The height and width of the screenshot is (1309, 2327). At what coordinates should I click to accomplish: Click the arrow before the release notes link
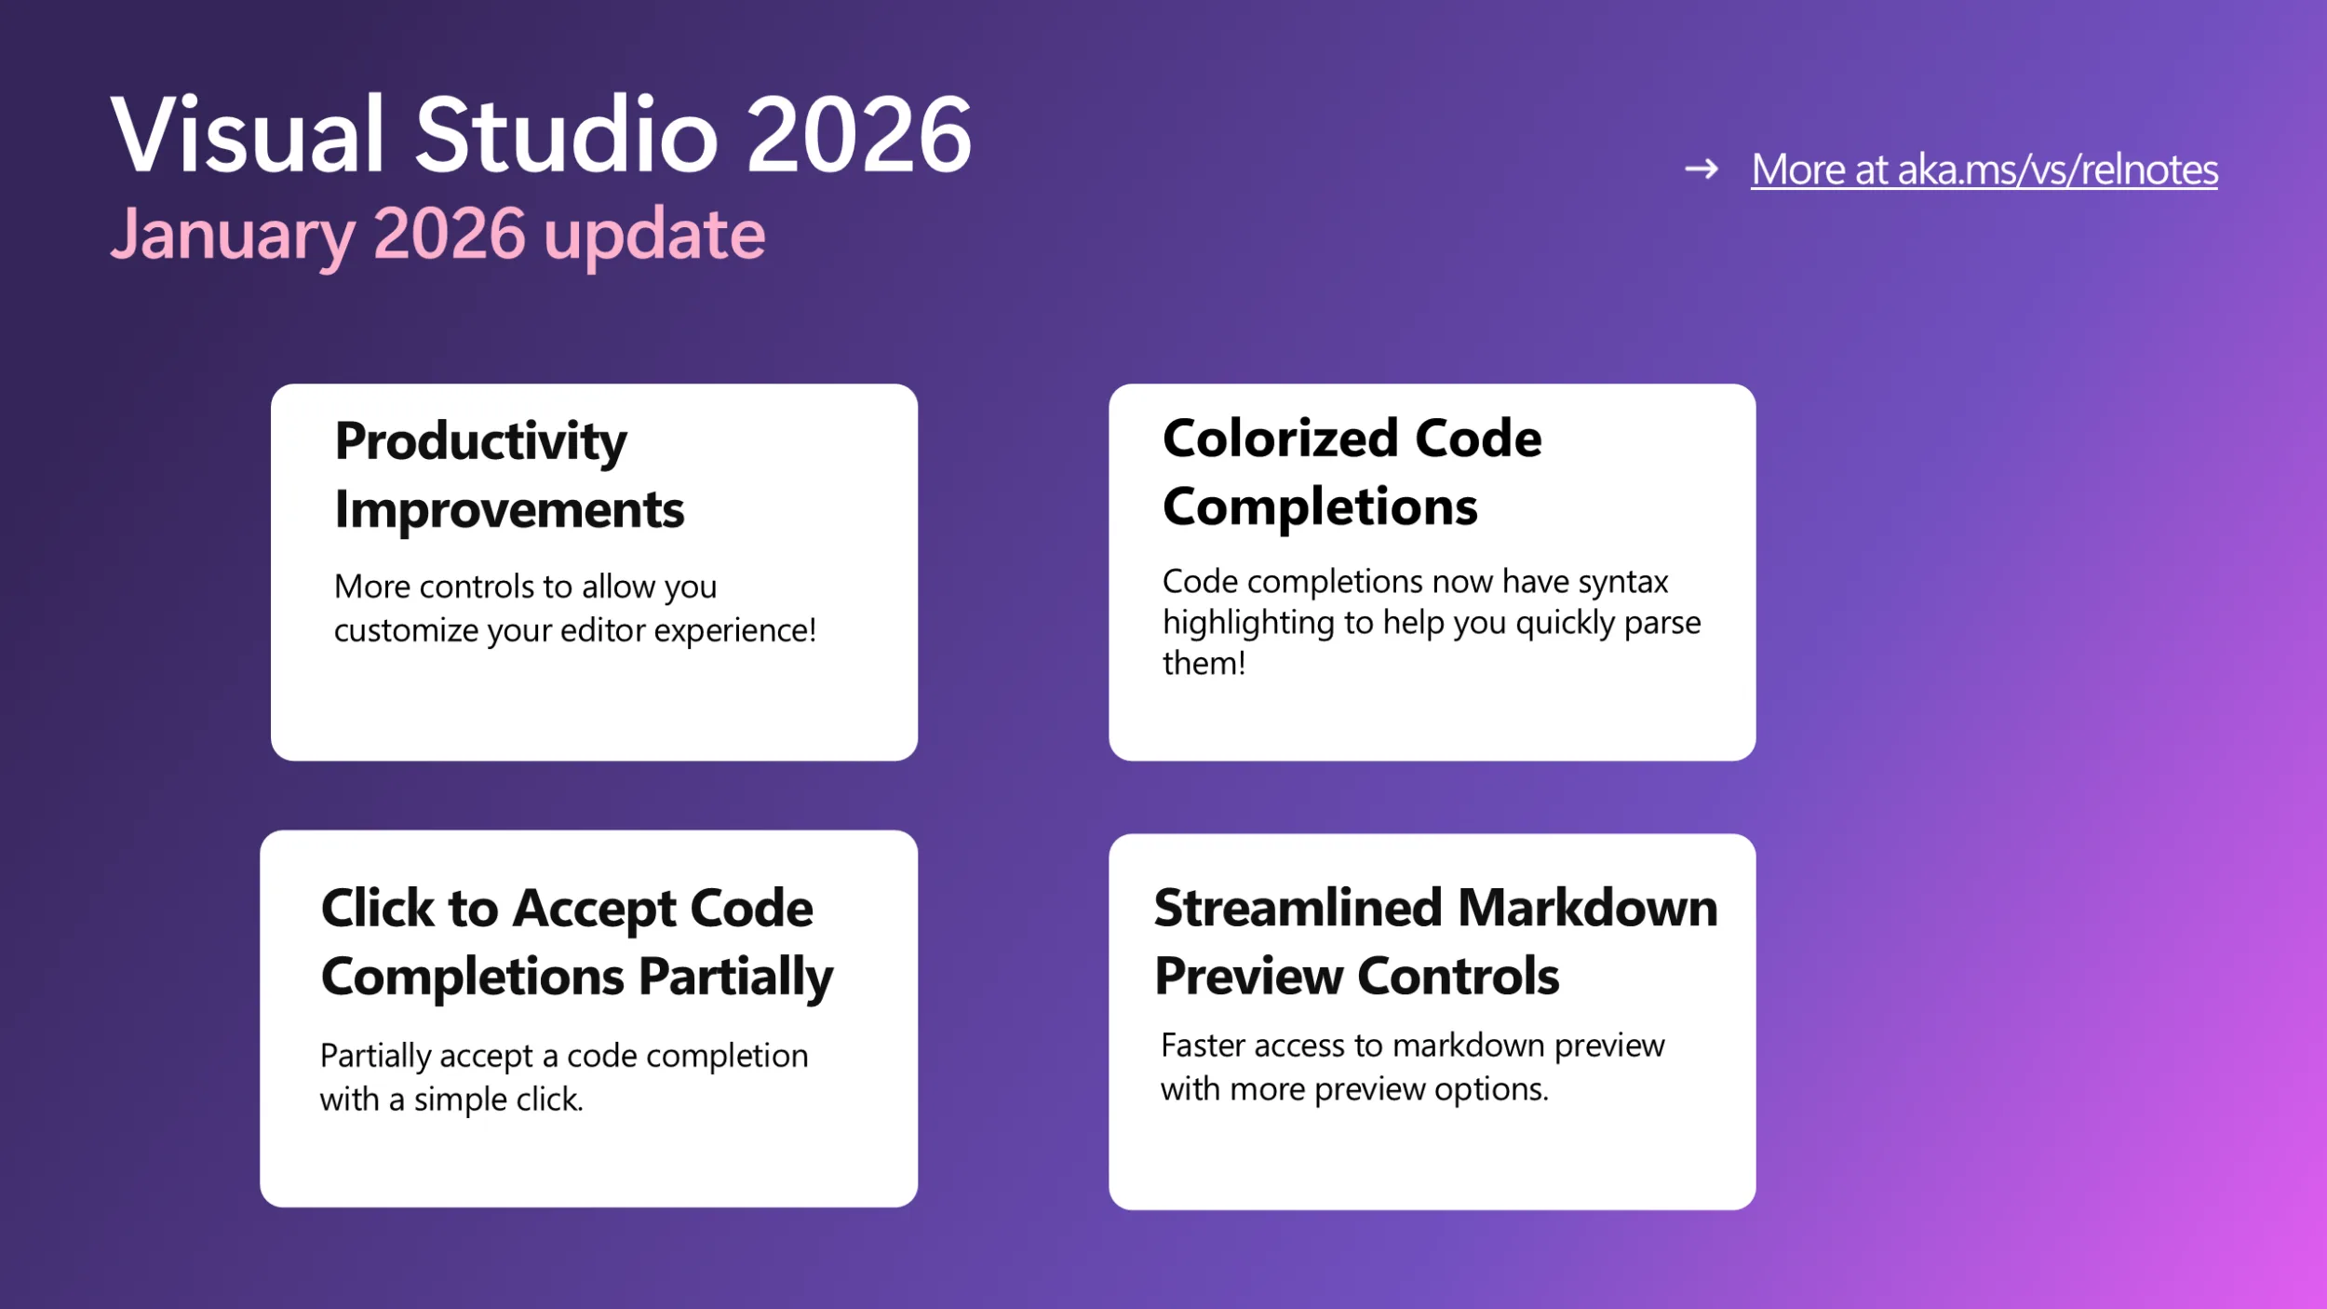1702,169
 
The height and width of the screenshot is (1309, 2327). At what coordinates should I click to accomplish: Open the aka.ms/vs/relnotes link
1984,170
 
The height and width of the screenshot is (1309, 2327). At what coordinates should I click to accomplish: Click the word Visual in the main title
247,136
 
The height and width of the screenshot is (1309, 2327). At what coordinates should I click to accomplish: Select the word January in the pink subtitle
233,236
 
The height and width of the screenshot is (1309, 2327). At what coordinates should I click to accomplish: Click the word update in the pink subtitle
654,236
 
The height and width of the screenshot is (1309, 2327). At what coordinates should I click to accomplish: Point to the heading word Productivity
480,441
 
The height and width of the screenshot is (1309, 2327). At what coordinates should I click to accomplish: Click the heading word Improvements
509,510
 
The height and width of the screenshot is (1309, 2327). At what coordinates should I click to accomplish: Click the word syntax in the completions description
1622,582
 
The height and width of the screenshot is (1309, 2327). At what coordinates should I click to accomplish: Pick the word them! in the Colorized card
1204,664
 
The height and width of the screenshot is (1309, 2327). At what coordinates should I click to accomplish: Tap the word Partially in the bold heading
735,978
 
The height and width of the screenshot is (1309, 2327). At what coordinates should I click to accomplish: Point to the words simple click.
498,1100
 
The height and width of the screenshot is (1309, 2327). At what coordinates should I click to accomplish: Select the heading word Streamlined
1298,908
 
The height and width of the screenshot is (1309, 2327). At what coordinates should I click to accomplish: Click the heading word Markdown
1587,908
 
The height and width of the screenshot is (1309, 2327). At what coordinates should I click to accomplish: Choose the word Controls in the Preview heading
1458,977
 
